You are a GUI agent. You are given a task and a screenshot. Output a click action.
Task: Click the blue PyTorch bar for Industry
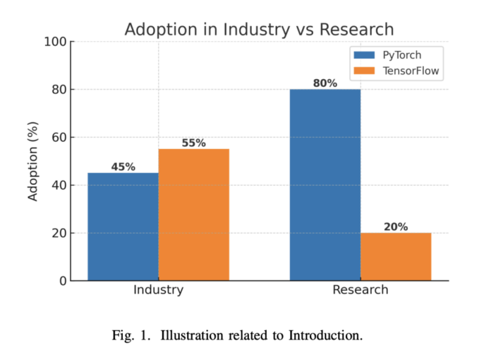[x=123, y=227]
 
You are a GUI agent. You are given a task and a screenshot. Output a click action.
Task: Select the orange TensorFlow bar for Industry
[x=193, y=215]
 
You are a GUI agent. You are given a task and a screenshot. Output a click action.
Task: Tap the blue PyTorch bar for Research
[x=325, y=185]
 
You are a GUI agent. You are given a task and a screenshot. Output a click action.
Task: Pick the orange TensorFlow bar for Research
[x=396, y=256]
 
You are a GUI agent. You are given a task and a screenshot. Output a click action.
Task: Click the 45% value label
[x=123, y=167]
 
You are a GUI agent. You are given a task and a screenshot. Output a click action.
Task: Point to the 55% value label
[x=193, y=143]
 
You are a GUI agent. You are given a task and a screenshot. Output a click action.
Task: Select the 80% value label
[x=325, y=83]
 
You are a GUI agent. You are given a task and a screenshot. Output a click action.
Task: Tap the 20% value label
[x=396, y=227]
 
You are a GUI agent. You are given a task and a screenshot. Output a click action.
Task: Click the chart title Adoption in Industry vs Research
[x=259, y=30]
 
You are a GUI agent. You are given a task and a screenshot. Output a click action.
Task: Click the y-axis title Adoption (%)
[x=33, y=161]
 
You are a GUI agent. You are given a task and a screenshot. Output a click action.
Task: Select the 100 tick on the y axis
[x=56, y=42]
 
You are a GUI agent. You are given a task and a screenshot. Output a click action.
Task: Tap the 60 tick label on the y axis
[x=59, y=138]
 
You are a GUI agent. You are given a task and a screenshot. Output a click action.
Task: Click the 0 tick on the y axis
[x=63, y=281]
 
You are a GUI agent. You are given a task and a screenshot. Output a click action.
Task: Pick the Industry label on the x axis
[x=158, y=290]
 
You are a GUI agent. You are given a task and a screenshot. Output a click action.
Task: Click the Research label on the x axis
[x=360, y=290]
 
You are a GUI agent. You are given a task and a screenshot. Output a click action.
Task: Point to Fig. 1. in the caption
[x=131, y=335]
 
